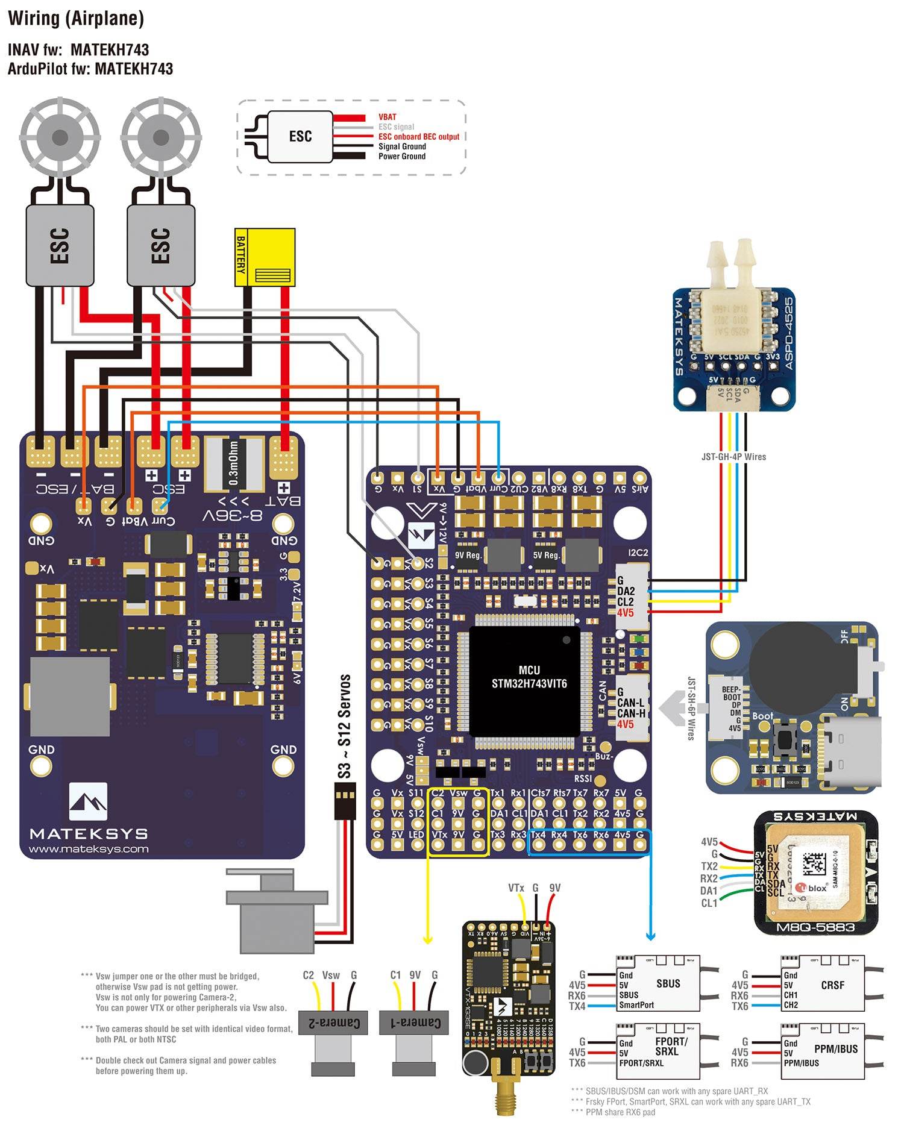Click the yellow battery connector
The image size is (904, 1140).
click(x=265, y=257)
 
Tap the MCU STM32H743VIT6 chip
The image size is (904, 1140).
click(x=524, y=680)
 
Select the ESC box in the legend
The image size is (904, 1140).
click(x=300, y=136)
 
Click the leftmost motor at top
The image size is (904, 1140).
click(x=59, y=138)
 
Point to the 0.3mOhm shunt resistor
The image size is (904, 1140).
click(x=234, y=463)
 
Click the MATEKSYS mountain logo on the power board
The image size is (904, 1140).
click(x=88, y=801)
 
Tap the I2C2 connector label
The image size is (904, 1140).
click(x=638, y=553)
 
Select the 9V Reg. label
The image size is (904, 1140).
click(x=468, y=555)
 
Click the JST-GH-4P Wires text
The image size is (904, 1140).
click(x=733, y=457)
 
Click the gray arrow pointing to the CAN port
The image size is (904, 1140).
click(x=671, y=708)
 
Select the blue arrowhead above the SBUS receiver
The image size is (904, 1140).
click(x=650, y=936)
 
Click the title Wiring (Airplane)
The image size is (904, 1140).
click(x=76, y=18)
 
